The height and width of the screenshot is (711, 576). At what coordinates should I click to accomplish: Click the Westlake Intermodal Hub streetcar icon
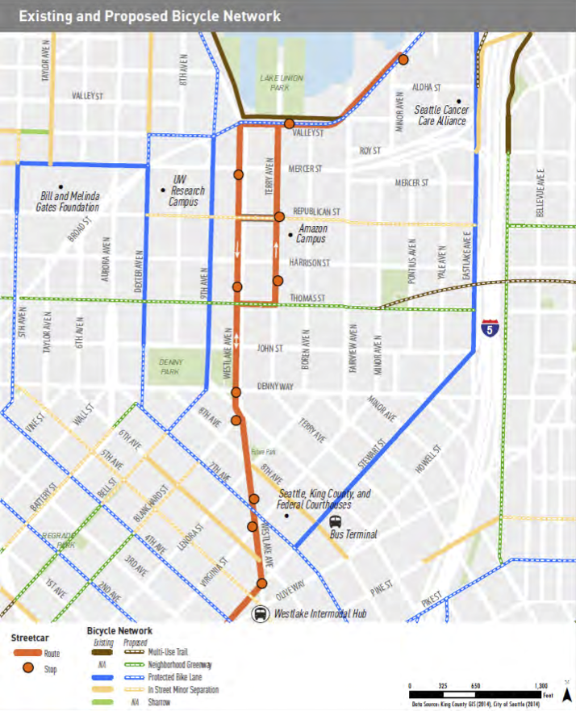tap(261, 614)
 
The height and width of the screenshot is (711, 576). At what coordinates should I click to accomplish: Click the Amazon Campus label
tap(311, 234)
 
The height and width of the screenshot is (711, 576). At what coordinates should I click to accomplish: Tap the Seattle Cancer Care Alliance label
tap(440, 115)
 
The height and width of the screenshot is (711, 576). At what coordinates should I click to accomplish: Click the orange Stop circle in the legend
tap(27, 667)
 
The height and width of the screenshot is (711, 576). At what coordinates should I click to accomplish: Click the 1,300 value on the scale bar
tap(542, 684)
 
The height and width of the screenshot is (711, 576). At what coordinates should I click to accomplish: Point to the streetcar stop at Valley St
tap(289, 123)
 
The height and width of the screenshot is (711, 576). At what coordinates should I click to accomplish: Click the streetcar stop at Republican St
tap(278, 217)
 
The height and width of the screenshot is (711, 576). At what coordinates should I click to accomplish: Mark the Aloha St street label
tap(426, 86)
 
